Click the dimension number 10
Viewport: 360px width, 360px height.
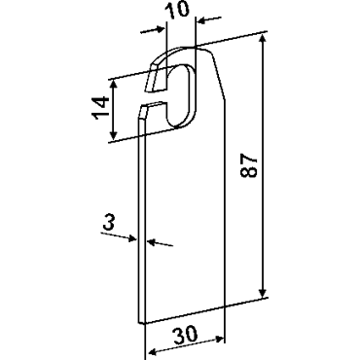pyautogui.click(x=176, y=9)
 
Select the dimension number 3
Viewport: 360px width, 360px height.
pyautogui.click(x=109, y=224)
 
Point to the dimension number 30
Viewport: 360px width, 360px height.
pyautogui.click(x=185, y=335)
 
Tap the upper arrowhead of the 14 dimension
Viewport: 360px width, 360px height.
pyautogui.click(x=113, y=84)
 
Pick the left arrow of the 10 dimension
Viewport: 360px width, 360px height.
pyautogui.click(x=153, y=30)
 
